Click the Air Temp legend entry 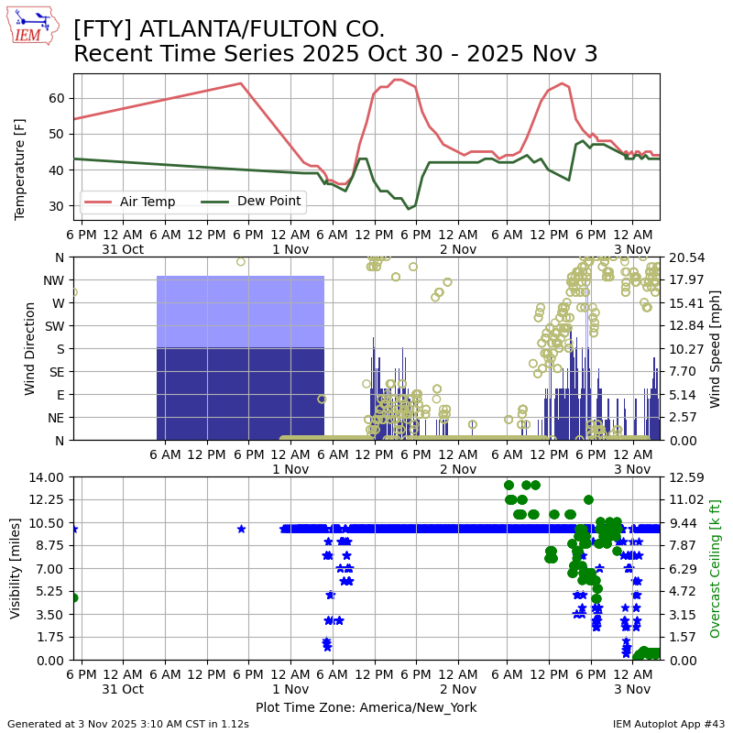click(x=148, y=202)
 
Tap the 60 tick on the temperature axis click(x=57, y=98)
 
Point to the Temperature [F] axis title click(x=20, y=170)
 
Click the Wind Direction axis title click(x=31, y=348)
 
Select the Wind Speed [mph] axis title click(x=717, y=348)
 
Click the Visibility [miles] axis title click(x=16, y=568)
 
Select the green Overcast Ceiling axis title click(x=716, y=568)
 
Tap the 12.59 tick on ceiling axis click(x=680, y=476)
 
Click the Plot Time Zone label click(x=366, y=707)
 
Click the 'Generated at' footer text click(x=128, y=724)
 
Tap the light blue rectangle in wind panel click(x=240, y=312)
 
